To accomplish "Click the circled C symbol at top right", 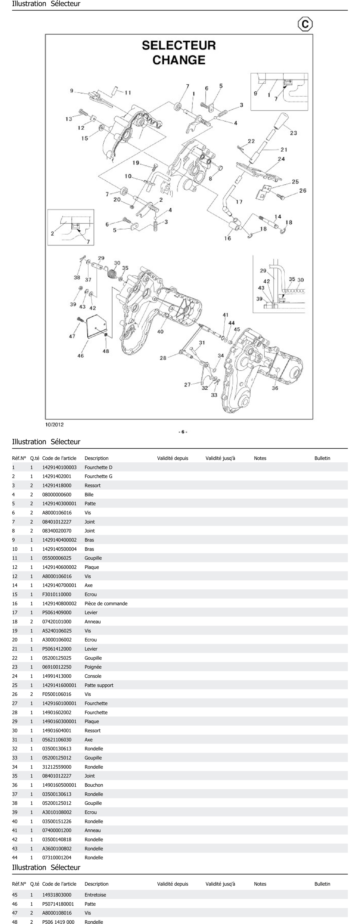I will [305, 24].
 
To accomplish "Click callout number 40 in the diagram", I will [160, 331].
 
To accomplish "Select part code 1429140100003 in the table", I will [59, 467].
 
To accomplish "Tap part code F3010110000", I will [57, 594].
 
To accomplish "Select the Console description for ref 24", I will [93, 676].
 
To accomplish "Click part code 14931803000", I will [57, 895].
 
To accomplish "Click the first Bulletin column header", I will [322, 458].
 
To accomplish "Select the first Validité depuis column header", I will [172, 458].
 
